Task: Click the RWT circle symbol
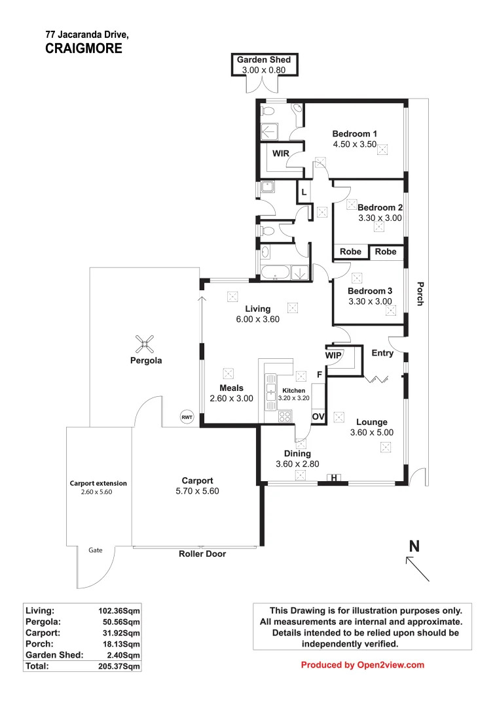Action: click(187, 417)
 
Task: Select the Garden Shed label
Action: click(264, 59)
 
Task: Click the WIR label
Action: click(282, 154)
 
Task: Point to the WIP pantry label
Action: click(333, 355)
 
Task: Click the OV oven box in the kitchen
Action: click(318, 416)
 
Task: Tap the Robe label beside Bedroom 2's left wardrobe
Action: click(351, 252)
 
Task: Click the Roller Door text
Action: click(202, 554)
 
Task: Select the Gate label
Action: click(96, 550)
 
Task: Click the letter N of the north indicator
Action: click(414, 546)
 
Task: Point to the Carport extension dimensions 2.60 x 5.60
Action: click(98, 492)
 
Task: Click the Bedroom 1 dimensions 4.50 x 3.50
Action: click(355, 144)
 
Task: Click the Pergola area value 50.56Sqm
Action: click(119, 621)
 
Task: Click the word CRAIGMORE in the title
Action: click(84, 48)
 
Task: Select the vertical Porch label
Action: click(420, 294)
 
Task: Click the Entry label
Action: click(382, 354)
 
